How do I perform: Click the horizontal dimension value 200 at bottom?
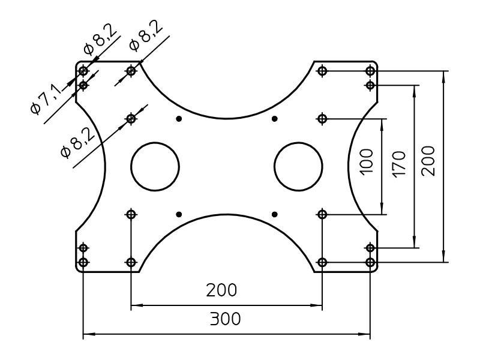coord(221,290)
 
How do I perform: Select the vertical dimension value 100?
coord(367,161)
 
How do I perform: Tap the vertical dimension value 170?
coord(398,163)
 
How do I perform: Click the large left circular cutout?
coord(155,166)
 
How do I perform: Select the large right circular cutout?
coord(298,166)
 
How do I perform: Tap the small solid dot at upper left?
coord(179,119)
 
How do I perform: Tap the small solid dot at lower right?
coord(274,214)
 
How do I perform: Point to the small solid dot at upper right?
coord(274,119)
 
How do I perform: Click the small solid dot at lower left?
coord(179,214)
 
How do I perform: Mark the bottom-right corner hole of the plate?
coord(370,262)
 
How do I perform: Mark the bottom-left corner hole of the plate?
coord(83,262)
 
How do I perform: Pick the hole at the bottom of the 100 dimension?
coord(322,214)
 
